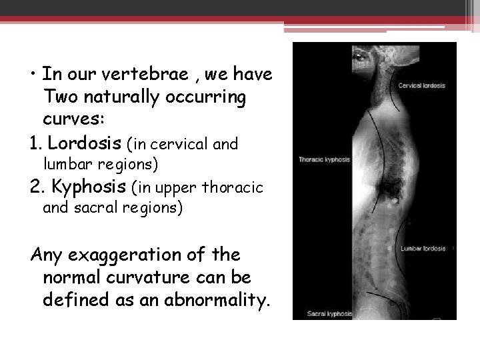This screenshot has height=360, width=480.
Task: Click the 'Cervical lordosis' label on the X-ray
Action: click(x=422, y=86)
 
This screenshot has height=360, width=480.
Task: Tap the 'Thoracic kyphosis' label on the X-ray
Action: click(x=325, y=160)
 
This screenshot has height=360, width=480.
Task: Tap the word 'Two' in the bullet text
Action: click(x=60, y=98)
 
